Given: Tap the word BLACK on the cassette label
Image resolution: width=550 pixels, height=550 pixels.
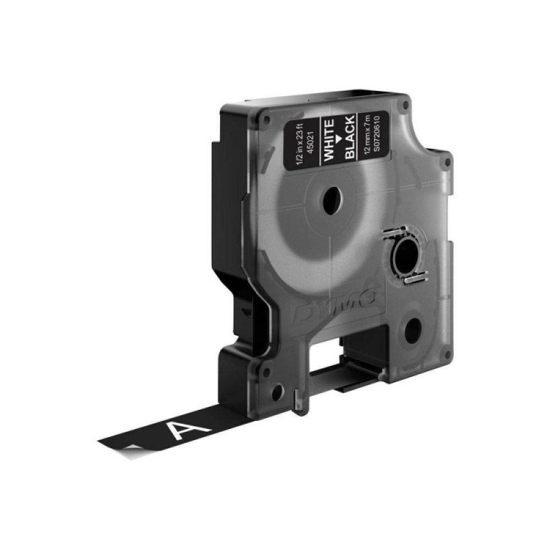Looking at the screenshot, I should (349, 139).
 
